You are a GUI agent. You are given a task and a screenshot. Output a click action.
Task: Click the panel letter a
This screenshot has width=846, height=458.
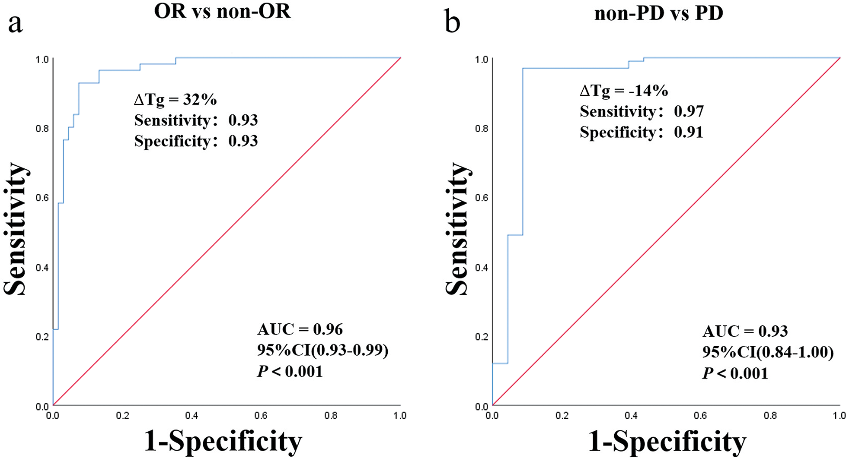coord(15,24)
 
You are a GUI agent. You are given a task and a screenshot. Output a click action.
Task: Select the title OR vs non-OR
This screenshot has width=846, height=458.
coord(222,12)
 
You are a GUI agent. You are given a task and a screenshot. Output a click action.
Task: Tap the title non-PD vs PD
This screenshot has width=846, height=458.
coord(658,13)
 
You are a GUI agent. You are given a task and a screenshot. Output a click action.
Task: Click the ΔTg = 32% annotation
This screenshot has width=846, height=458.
coord(175,100)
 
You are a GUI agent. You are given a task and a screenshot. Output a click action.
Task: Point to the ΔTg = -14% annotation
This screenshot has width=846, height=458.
coord(624,91)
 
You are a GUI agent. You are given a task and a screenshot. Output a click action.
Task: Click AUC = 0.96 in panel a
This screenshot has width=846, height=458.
coord(300,329)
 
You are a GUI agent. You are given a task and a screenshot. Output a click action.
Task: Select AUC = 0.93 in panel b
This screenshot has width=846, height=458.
coord(745,331)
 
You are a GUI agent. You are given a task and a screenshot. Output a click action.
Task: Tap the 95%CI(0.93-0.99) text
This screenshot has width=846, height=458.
coord(322,350)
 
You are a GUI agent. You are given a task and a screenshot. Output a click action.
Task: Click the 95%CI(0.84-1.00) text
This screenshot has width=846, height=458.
coord(768,352)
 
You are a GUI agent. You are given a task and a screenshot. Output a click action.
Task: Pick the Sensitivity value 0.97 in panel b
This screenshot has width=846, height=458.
coord(689,111)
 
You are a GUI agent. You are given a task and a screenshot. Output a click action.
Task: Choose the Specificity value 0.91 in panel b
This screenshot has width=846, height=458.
coord(689,132)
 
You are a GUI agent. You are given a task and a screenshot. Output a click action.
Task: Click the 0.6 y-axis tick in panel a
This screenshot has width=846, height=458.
coord(42,198)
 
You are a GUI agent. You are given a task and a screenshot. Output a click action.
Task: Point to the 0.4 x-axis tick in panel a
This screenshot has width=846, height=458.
coord(192,416)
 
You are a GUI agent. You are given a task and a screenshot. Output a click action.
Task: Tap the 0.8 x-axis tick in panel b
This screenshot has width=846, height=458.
coord(770,416)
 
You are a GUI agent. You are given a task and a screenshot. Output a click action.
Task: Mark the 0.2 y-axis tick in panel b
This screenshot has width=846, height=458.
coord(482,337)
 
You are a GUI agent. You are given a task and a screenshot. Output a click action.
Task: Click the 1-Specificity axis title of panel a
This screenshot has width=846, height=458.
coord(223,441)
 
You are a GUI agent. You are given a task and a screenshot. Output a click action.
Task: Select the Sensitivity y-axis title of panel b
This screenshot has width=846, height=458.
coord(457,229)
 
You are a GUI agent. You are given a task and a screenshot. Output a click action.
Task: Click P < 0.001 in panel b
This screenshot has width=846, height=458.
coord(735,373)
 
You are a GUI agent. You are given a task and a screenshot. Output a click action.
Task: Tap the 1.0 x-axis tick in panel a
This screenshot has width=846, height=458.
coord(400,416)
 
